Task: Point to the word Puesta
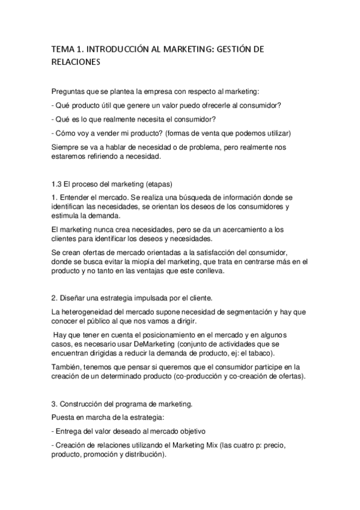point(64,418)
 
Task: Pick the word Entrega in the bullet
point(72,432)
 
